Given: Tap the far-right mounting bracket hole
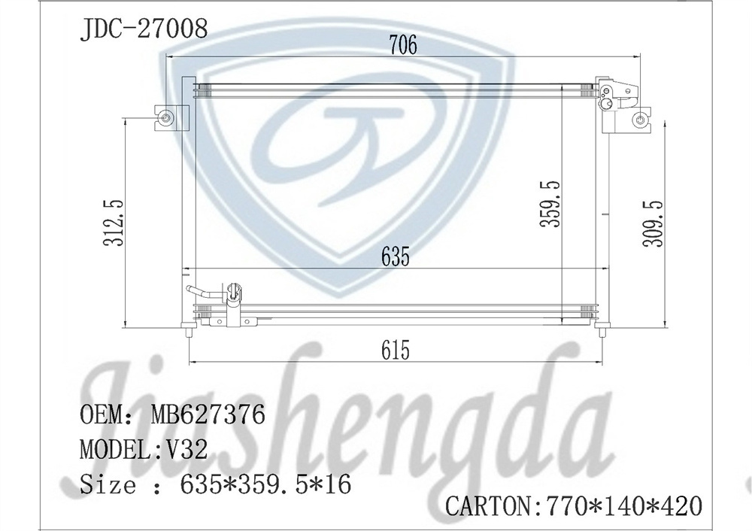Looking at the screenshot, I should [640, 119].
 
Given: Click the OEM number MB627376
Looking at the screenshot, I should [208, 414].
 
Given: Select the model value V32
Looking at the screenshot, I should [182, 450].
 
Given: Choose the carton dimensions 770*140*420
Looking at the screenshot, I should [622, 505].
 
